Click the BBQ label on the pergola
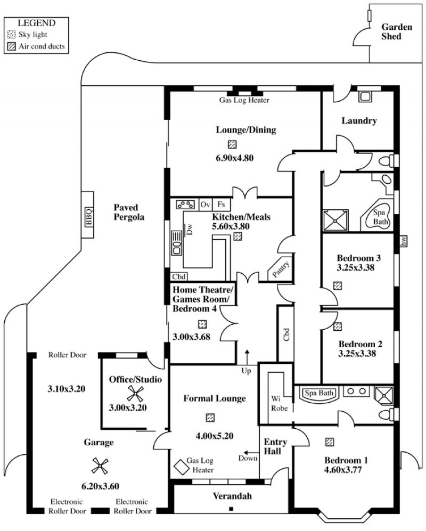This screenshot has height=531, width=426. coord(88,217)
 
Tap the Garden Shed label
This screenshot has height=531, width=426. coord(397,31)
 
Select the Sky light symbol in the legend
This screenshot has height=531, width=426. coord(12,35)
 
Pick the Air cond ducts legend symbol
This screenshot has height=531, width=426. coord(12,46)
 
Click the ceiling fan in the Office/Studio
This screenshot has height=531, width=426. coord(135,394)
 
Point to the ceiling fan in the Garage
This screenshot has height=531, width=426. coord(100,466)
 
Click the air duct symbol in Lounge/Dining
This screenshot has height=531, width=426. coord(232,145)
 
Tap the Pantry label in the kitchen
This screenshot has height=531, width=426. coord(281,269)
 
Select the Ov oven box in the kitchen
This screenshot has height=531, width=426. coord(206,205)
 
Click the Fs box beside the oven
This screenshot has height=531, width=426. coord(221,205)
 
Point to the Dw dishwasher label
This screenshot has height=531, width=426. coord(189,229)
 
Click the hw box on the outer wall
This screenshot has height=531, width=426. coord(403,241)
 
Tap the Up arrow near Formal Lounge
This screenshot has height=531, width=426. coord(247,357)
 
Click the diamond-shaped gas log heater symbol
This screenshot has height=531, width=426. coord(182,467)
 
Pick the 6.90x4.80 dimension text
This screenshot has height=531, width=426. coord(235,158)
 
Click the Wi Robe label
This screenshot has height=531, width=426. coord(280,403)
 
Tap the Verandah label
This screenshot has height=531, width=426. coord(232,496)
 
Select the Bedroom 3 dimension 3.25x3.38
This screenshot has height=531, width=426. coord(356,267)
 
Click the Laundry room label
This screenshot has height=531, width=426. coord(359,121)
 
